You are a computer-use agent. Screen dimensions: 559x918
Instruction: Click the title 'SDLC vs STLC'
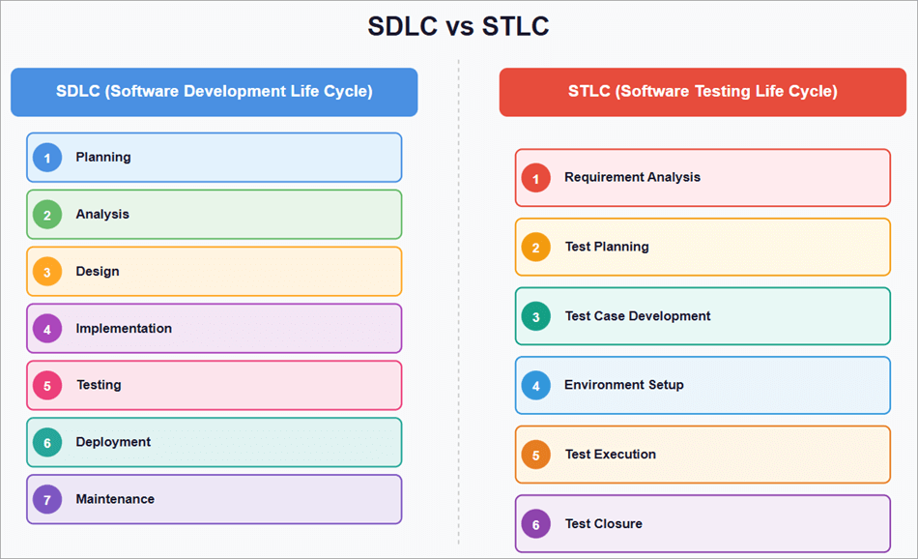458,26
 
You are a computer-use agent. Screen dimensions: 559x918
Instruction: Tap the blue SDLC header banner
214,92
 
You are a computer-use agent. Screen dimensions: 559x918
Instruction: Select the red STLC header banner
703,92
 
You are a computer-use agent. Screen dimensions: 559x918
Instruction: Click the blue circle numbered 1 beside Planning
46,158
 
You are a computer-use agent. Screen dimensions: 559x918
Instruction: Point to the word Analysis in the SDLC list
102,215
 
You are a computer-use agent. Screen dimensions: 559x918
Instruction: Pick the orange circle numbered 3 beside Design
46,272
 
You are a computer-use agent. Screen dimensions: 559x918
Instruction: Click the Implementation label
124,329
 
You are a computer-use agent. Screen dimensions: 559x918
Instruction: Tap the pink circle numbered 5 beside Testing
46,386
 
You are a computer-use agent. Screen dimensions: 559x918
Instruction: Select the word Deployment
113,442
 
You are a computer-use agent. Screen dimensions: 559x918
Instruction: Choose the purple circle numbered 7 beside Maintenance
46,500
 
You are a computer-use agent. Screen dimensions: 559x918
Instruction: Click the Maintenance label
115,500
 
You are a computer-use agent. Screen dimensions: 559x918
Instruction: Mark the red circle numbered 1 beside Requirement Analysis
535,178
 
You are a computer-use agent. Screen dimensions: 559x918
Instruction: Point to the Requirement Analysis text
632,178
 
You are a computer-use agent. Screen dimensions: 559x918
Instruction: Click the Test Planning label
607,247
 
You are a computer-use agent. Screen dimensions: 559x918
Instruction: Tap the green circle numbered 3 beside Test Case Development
535,316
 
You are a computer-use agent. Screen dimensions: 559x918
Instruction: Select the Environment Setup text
624,385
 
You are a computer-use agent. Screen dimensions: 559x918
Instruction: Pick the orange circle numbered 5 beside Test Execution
535,455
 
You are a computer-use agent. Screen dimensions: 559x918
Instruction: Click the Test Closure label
604,524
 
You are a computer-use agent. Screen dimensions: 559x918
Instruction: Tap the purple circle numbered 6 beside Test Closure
535,524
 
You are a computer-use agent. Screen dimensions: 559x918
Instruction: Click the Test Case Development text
638,316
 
